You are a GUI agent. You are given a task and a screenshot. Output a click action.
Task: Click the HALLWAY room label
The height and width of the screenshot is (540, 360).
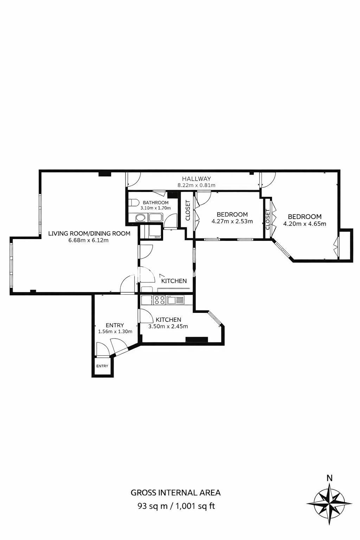pos(196,179)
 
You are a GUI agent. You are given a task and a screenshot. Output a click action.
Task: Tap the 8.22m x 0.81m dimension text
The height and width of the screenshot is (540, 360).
pos(196,185)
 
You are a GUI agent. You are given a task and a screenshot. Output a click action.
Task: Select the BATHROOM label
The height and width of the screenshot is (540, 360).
pos(155,202)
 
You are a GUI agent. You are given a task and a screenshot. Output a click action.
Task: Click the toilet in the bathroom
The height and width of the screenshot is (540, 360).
pos(133,202)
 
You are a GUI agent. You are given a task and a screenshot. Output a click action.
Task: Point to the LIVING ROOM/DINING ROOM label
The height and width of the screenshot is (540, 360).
pos(89,233)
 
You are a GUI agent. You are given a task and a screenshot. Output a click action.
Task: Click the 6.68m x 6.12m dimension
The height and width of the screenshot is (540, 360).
pos(89,240)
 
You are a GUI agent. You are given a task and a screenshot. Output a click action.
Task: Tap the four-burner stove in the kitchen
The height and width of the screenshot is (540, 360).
pos(159,300)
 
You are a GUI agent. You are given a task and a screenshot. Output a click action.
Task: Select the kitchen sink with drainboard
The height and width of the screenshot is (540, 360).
pos(176,300)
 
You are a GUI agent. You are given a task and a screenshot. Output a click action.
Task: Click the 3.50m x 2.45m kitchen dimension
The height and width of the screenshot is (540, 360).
pos(168,327)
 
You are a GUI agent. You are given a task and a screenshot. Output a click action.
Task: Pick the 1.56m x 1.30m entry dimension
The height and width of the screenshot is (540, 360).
pos(115,332)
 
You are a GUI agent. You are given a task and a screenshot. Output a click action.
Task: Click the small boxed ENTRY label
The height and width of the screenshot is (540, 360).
pos(102,366)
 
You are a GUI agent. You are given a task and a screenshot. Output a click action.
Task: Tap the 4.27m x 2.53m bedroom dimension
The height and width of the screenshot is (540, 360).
pos(232,221)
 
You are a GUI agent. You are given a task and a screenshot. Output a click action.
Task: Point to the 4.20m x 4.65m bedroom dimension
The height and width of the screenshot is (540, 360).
pos(304,224)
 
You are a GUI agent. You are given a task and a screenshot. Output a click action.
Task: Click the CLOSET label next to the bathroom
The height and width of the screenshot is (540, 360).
pos(188,211)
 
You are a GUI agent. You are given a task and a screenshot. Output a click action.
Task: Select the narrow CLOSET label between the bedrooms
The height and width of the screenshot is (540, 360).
pos(268,219)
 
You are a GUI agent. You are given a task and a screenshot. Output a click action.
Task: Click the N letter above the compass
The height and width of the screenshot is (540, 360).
pos(329,477)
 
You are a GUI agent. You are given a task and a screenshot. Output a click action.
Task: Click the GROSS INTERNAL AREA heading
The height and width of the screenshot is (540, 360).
pos(175,493)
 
